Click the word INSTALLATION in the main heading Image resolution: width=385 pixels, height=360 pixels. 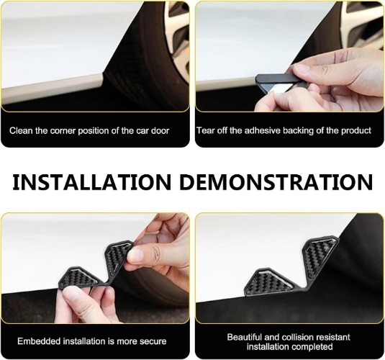(91, 182)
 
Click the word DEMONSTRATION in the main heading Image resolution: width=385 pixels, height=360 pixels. (276, 182)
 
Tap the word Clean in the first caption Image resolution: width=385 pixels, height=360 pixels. (21, 130)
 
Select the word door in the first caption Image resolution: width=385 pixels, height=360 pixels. (160, 130)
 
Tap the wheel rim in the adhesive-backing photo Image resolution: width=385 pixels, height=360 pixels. (362, 24)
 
